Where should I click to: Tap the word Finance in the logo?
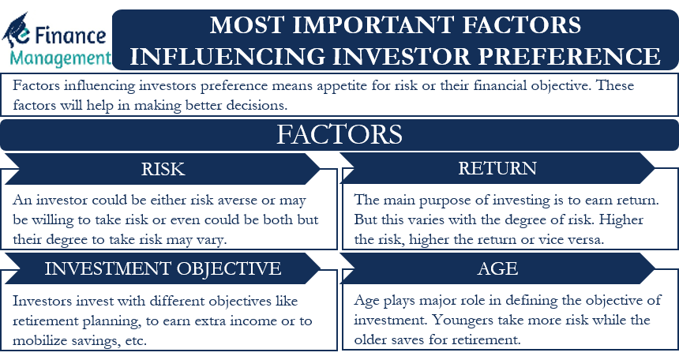coord(70,36)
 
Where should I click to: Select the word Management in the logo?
coord(60,58)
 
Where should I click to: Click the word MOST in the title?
coord(247,24)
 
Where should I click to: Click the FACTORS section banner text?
coord(339,134)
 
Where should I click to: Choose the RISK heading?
coord(163,169)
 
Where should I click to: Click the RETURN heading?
coord(497,168)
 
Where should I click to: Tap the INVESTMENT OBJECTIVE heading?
coord(163,268)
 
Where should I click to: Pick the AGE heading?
coord(497,268)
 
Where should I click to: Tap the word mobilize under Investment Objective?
coord(39,339)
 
